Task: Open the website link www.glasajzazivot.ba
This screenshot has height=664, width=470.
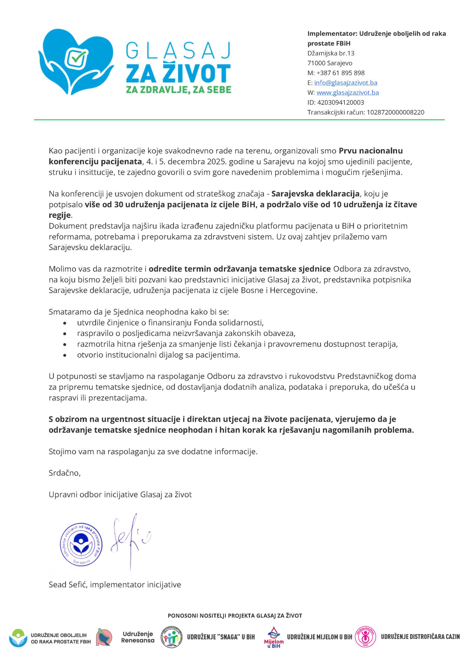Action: (x=347, y=93)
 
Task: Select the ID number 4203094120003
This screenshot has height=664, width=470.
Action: (x=340, y=102)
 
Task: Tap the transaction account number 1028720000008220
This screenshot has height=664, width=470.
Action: (x=395, y=112)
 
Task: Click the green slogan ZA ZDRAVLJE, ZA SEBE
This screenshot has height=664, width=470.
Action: (x=179, y=90)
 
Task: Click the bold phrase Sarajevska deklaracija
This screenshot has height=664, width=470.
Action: (x=315, y=193)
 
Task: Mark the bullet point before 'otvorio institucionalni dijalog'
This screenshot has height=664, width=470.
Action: (x=65, y=355)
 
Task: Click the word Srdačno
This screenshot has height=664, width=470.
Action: (x=64, y=473)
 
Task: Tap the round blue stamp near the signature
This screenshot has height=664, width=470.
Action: (x=81, y=544)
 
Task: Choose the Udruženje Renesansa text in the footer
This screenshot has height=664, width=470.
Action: (x=138, y=637)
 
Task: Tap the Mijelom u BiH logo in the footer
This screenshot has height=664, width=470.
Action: (x=274, y=637)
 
